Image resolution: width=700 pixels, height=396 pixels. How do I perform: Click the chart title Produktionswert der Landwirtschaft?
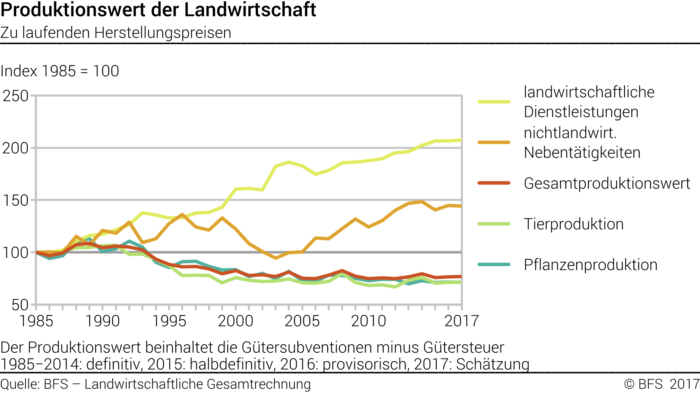(158, 10)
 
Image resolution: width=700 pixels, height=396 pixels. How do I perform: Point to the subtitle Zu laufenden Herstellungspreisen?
(116, 33)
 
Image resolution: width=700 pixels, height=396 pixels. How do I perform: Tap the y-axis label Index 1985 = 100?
(60, 71)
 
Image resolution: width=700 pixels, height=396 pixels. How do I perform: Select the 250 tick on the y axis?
(16, 96)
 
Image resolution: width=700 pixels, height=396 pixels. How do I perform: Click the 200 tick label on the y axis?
(16, 148)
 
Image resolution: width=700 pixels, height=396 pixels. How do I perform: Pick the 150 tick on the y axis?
(16, 200)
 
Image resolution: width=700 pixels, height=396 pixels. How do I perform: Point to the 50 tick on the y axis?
(20, 305)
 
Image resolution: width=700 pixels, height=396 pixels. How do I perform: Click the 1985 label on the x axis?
(36, 321)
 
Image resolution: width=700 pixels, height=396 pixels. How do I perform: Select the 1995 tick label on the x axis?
(169, 321)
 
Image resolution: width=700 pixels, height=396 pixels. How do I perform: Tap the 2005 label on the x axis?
(302, 321)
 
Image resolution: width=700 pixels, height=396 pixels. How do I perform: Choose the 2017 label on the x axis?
(461, 321)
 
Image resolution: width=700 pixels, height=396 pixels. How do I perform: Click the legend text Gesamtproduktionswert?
(607, 183)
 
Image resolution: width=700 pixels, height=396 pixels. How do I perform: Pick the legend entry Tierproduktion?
(574, 224)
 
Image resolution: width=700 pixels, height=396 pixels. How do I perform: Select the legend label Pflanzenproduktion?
(590, 265)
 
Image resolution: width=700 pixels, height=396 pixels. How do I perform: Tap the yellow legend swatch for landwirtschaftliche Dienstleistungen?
(494, 102)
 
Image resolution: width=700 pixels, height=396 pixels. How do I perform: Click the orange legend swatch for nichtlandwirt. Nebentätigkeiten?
(494, 143)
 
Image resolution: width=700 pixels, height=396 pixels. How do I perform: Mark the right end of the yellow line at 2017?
(461, 140)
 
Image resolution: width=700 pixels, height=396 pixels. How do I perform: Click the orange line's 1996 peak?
(182, 215)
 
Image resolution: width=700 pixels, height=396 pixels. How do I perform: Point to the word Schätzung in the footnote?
(493, 364)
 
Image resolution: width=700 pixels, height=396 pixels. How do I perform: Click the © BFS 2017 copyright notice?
(661, 384)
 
